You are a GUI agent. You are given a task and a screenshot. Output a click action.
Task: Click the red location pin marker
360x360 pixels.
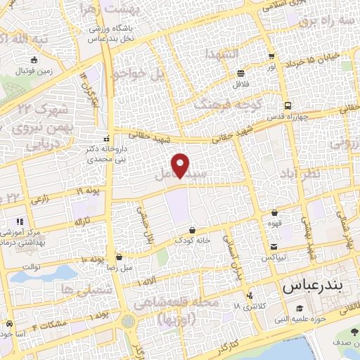[181, 165]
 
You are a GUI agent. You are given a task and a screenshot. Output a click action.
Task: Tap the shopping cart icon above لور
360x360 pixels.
[271, 56]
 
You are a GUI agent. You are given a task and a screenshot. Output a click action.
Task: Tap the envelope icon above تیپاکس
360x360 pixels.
[274, 247]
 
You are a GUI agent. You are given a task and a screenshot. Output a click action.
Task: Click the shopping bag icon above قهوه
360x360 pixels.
[274, 212]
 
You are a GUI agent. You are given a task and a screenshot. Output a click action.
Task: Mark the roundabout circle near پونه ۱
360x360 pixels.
[127, 321]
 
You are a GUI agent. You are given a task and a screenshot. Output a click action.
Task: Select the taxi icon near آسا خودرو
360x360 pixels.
[9, 324]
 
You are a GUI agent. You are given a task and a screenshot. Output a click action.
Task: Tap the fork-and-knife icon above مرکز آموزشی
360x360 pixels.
[20, 221]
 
